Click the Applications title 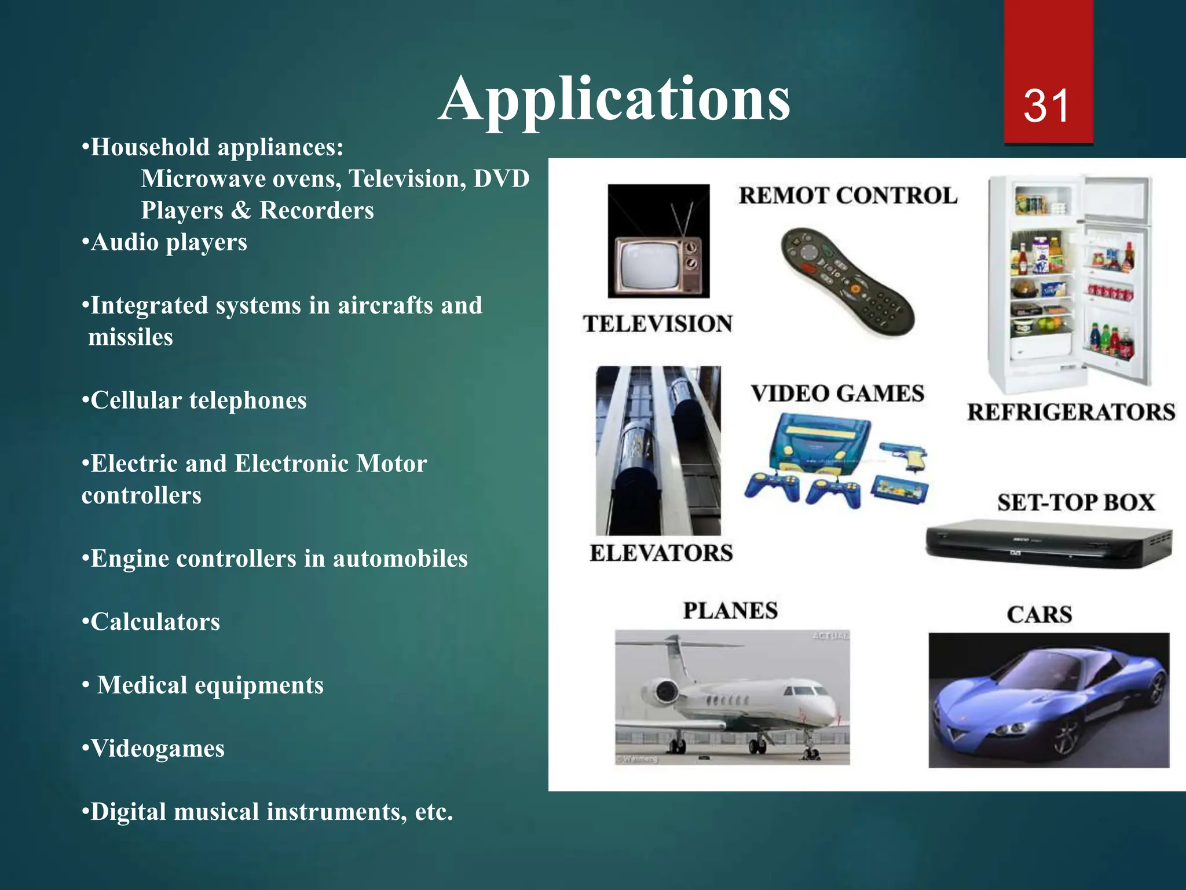pos(614,100)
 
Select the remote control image pos(847,281)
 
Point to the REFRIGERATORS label pos(1071,413)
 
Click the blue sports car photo pos(1048,700)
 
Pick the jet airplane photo pos(732,697)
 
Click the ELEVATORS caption pos(661,553)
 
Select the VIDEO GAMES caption pos(837,394)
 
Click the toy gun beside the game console pos(904,458)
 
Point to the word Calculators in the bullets pos(155,622)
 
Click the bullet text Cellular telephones pos(199,400)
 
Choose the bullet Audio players pos(169,242)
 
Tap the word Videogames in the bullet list pos(158,749)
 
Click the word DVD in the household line pos(501,179)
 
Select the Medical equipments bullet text pos(210,685)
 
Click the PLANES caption pos(730,611)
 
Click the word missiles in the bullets pos(130,337)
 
